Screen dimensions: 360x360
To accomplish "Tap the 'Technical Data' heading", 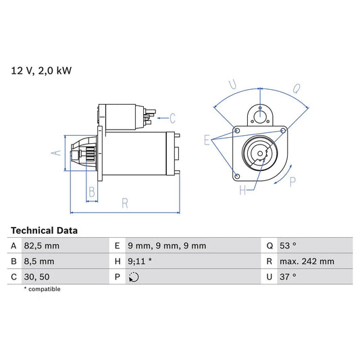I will [x=44, y=230].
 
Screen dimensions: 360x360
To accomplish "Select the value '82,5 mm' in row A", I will [x=42, y=246].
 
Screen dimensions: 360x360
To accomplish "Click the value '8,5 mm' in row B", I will [x=39, y=261].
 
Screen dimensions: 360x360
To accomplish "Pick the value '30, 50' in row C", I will [x=37, y=277].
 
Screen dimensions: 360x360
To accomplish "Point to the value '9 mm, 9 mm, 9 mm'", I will [x=167, y=246].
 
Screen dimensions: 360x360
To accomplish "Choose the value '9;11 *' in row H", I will [x=140, y=261].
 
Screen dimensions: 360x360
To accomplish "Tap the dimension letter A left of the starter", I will [x=57, y=153].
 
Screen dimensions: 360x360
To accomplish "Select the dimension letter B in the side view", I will [x=92, y=191].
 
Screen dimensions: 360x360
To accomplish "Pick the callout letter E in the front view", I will [x=207, y=140].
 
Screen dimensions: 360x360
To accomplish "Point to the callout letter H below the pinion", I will [x=242, y=191].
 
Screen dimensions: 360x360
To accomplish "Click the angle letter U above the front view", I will [x=232, y=84].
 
